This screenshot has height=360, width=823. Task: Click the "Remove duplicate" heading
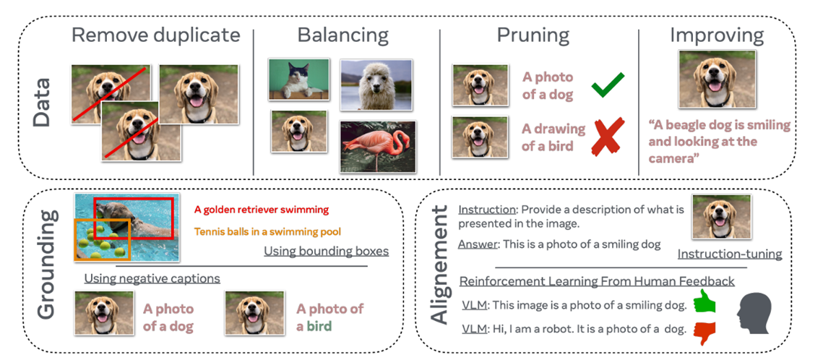[x=155, y=35]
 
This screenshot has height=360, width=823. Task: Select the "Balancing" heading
[x=343, y=35]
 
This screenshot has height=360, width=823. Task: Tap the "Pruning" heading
[x=533, y=35]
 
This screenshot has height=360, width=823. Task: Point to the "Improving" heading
[x=716, y=35]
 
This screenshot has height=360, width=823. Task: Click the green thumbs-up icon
[x=704, y=302]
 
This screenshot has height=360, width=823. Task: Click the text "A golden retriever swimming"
[x=261, y=210]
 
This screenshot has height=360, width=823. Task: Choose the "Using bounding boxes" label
[x=326, y=252]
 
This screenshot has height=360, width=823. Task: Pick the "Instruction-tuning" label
[x=730, y=254]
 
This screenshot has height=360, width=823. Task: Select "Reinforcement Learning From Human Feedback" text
[x=597, y=281]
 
